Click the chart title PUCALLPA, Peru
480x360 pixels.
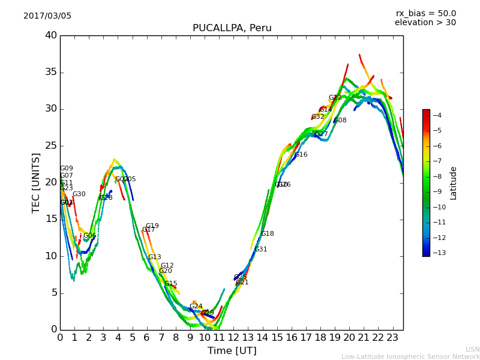[232, 28]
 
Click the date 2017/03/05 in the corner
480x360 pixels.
[47, 16]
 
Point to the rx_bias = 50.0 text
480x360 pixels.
[425, 14]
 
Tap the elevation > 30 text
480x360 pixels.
[425, 23]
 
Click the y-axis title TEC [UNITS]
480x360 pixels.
[37, 182]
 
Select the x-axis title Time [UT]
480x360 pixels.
[232, 351]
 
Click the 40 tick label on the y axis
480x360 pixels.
[51, 35]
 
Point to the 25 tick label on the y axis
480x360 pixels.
[51, 146]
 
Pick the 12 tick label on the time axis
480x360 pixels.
[233, 338]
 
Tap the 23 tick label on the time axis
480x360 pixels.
[393, 338]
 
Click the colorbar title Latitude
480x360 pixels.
[454, 183]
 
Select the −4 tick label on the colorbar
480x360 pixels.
[437, 115]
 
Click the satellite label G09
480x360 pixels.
[67, 169]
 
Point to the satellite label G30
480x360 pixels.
[79, 194]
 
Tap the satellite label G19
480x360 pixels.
[152, 226]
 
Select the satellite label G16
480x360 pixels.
[301, 155]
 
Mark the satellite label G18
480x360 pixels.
[268, 234]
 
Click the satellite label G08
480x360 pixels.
[340, 121]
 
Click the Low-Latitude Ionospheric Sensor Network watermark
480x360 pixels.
[410, 357]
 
